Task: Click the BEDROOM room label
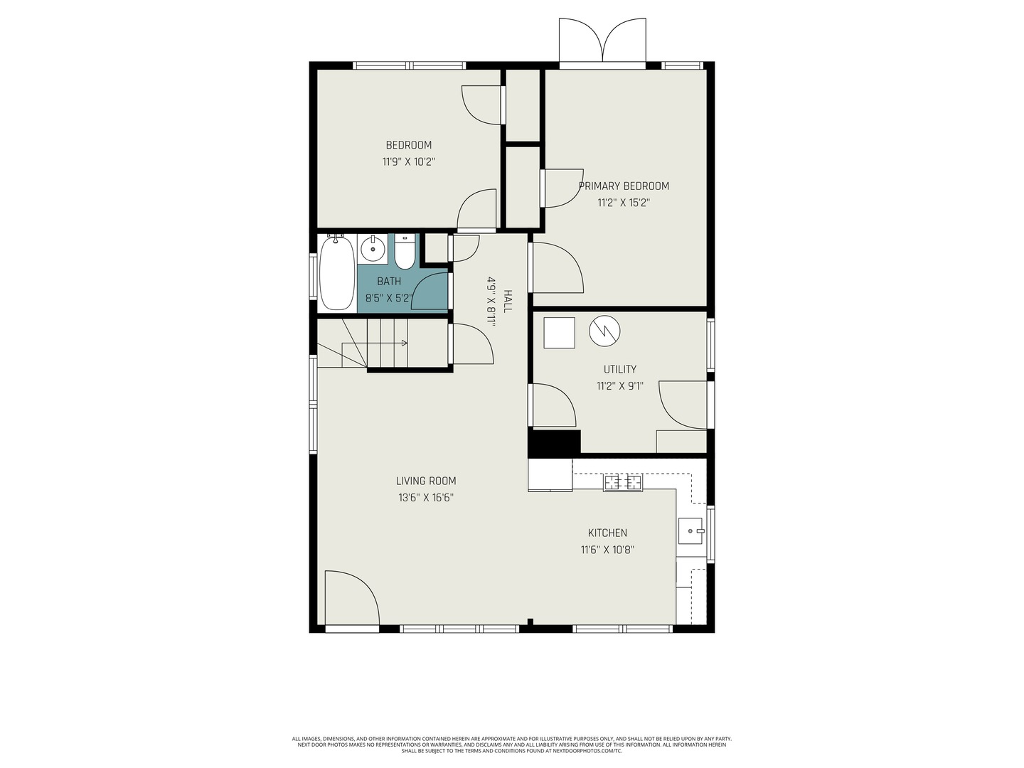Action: click(x=408, y=145)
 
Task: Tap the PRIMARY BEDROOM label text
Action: click(x=624, y=186)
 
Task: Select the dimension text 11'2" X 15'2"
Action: click(x=624, y=203)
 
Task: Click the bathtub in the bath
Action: click(x=336, y=274)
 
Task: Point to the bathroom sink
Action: click(x=372, y=249)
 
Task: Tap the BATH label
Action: click(x=389, y=282)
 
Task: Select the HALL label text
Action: click(x=507, y=301)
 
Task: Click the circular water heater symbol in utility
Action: click(x=604, y=331)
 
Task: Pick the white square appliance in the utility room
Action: click(x=559, y=333)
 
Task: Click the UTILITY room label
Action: click(x=620, y=369)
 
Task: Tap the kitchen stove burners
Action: click(x=623, y=482)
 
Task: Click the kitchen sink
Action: click(x=690, y=530)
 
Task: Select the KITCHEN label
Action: click(x=607, y=533)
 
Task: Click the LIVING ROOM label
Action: click(x=426, y=481)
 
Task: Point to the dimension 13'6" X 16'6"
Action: click(x=426, y=498)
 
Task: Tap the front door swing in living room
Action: click(x=351, y=598)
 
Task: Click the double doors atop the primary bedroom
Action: click(x=602, y=41)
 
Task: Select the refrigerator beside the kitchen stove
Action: click(x=550, y=474)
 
